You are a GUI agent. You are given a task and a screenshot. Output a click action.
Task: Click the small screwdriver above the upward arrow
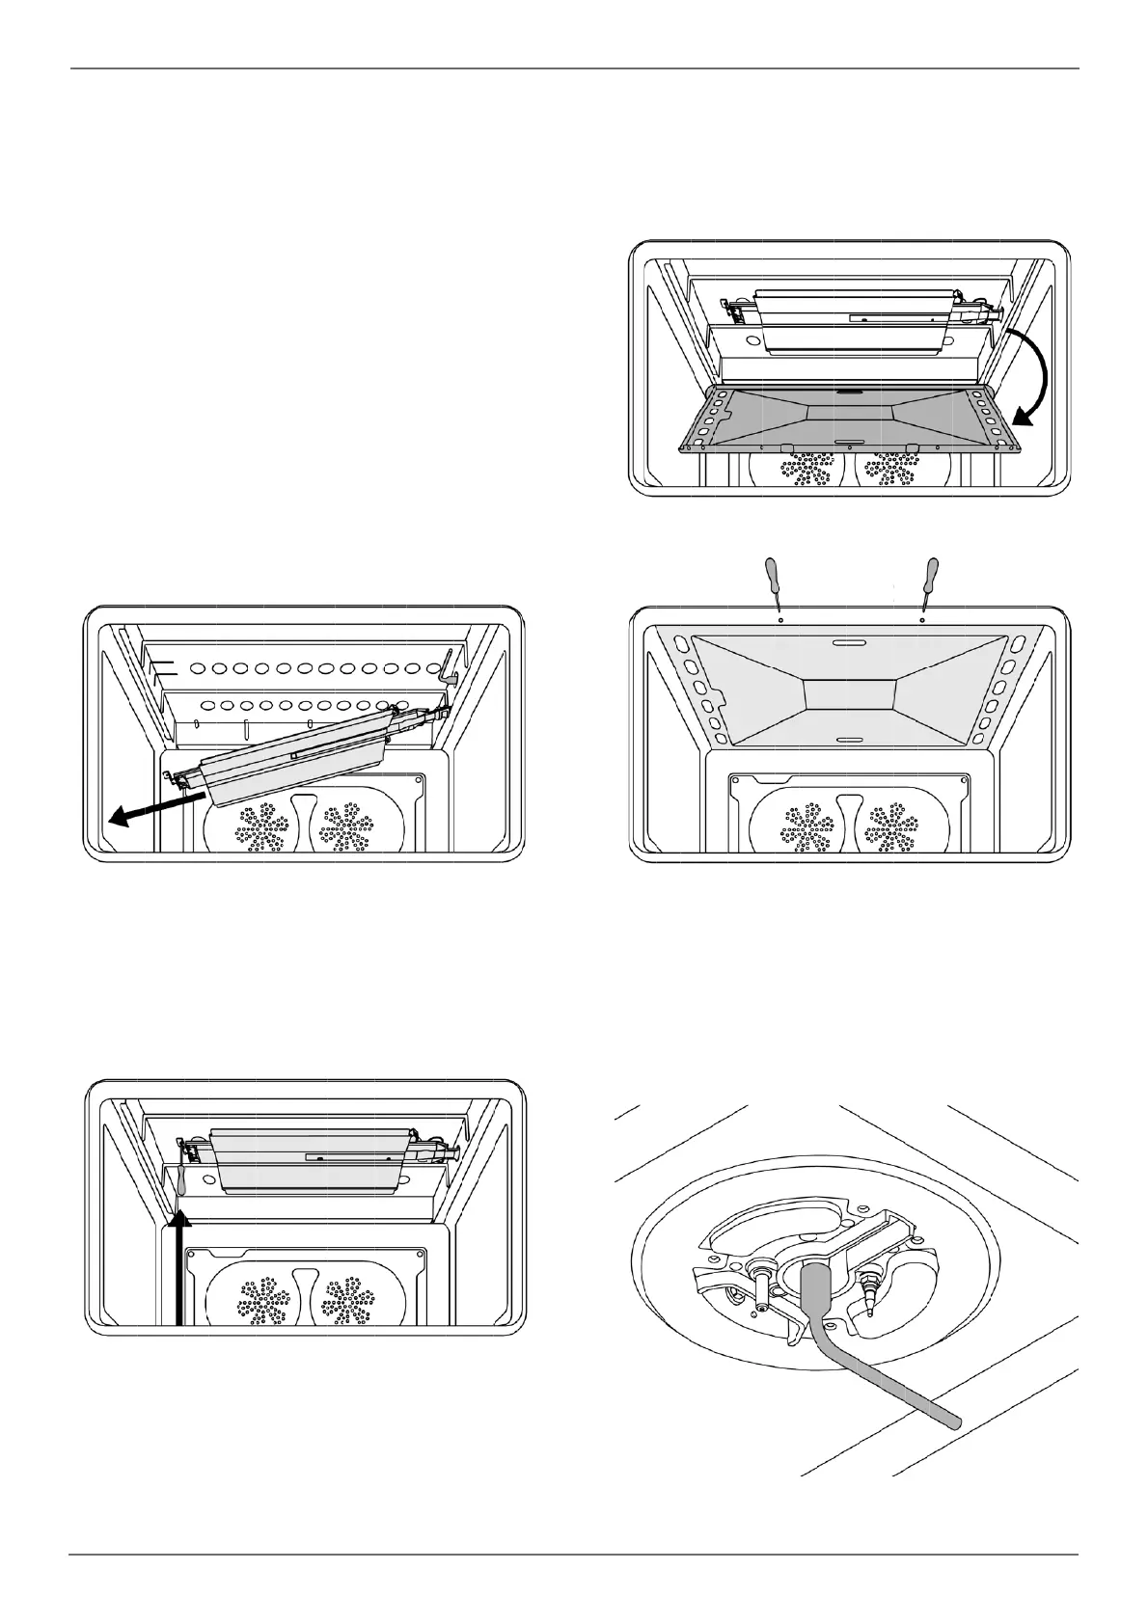pyautogui.click(x=180, y=1179)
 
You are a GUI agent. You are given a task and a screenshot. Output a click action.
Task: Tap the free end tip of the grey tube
pyautogui.click(x=955, y=1421)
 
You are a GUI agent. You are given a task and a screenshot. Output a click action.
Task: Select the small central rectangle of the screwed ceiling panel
pyautogui.click(x=850, y=695)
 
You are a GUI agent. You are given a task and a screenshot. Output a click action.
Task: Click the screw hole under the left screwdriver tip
pyautogui.click(x=780, y=621)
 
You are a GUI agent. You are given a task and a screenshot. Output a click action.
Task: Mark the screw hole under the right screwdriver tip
pyautogui.click(x=923, y=621)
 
